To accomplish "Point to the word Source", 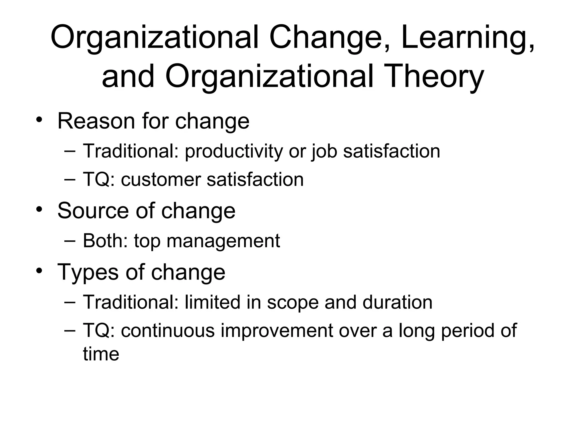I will tap(93, 211).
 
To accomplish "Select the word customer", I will tap(161, 180).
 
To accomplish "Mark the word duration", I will tap(397, 302).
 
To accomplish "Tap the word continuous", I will tap(168, 331).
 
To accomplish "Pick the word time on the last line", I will tap(101, 354).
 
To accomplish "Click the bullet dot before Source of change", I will tap(39, 209).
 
